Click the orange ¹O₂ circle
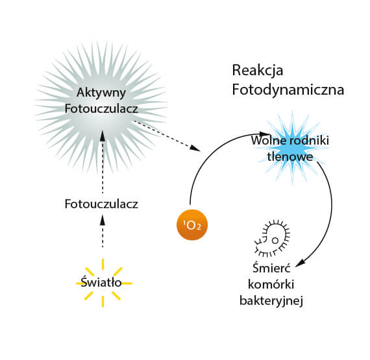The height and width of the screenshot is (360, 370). [192, 224]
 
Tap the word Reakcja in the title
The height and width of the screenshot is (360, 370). [258, 71]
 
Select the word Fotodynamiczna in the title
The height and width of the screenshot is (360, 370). [288, 90]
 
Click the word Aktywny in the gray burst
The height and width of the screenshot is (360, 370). [101, 93]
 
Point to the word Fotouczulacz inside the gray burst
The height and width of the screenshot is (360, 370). [101, 109]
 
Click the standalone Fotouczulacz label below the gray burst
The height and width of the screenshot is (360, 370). [101, 204]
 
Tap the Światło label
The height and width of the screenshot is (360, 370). [101, 282]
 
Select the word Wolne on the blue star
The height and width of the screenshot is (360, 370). [269, 140]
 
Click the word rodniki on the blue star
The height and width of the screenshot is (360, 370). [309, 140]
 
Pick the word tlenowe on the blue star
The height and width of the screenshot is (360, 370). [290, 156]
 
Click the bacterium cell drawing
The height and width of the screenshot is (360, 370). [273, 238]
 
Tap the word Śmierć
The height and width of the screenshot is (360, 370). [271, 268]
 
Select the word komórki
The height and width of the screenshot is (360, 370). [271, 284]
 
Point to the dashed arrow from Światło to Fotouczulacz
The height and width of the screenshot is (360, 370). [103, 231]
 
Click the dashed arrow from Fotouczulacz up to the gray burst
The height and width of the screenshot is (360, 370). [103, 162]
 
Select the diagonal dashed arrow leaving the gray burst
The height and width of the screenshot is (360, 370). [167, 136]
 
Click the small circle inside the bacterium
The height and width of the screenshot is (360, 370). [275, 241]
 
